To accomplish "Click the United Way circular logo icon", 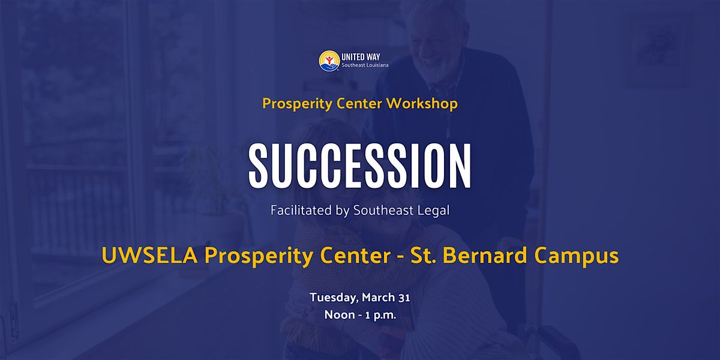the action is click(x=329, y=61).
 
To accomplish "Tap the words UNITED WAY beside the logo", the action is click(x=361, y=57).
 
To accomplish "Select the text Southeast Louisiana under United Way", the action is click(x=365, y=65).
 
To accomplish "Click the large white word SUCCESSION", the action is click(x=360, y=166).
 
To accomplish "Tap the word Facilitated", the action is click(x=301, y=210).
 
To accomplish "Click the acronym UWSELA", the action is click(x=149, y=256).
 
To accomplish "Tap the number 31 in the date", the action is click(x=404, y=298).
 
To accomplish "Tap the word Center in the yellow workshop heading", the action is click(x=359, y=103).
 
